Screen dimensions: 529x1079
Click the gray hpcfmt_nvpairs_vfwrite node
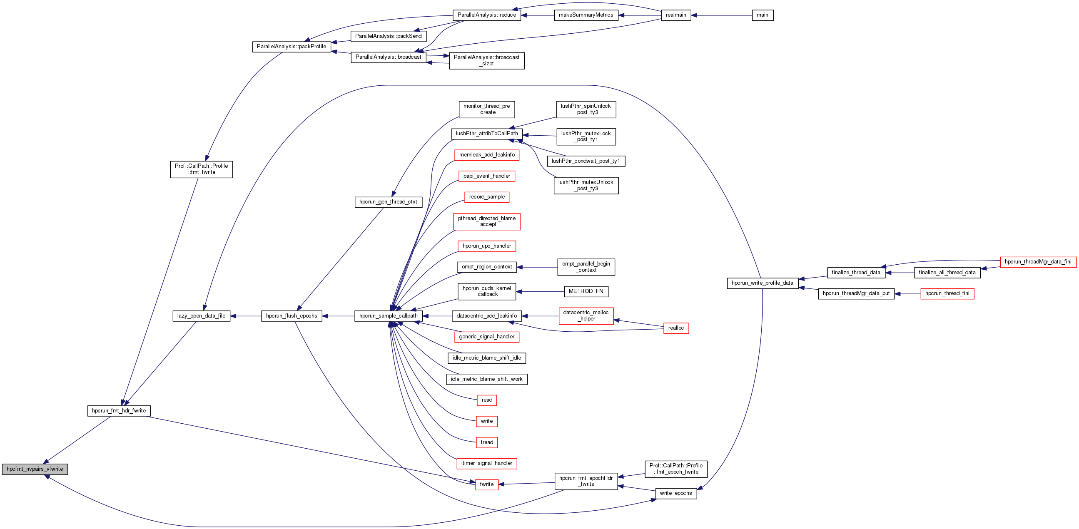pyautogui.click(x=35, y=469)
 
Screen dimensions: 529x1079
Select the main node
pyautogui.click(x=763, y=15)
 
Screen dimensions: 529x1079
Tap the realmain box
pyautogui.click(x=675, y=15)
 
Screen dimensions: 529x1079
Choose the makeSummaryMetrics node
pyautogui.click(x=586, y=15)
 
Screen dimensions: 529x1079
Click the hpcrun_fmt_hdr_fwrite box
pyautogui.click(x=119, y=410)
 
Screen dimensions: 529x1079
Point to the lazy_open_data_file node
pyautogui.click(x=201, y=316)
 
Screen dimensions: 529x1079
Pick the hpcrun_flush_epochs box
pyautogui.click(x=292, y=316)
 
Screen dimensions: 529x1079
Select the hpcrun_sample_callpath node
pyautogui.click(x=388, y=316)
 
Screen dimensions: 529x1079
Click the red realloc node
pyautogui.click(x=675, y=328)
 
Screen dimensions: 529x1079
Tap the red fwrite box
pyautogui.click(x=486, y=484)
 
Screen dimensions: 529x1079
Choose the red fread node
pyautogui.click(x=486, y=442)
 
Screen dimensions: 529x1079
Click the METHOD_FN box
pyautogui.click(x=586, y=291)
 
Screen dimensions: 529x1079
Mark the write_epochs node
pyautogui.click(x=675, y=494)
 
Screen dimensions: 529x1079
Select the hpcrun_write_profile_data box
pyautogui.click(x=763, y=283)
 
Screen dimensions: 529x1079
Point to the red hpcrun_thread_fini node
pyautogui.click(x=947, y=293)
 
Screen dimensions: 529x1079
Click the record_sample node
pyautogui.click(x=486, y=197)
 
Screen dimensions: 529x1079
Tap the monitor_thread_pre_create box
pyautogui.click(x=486, y=109)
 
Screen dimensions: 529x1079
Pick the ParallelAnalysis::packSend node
pyautogui.click(x=388, y=36)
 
